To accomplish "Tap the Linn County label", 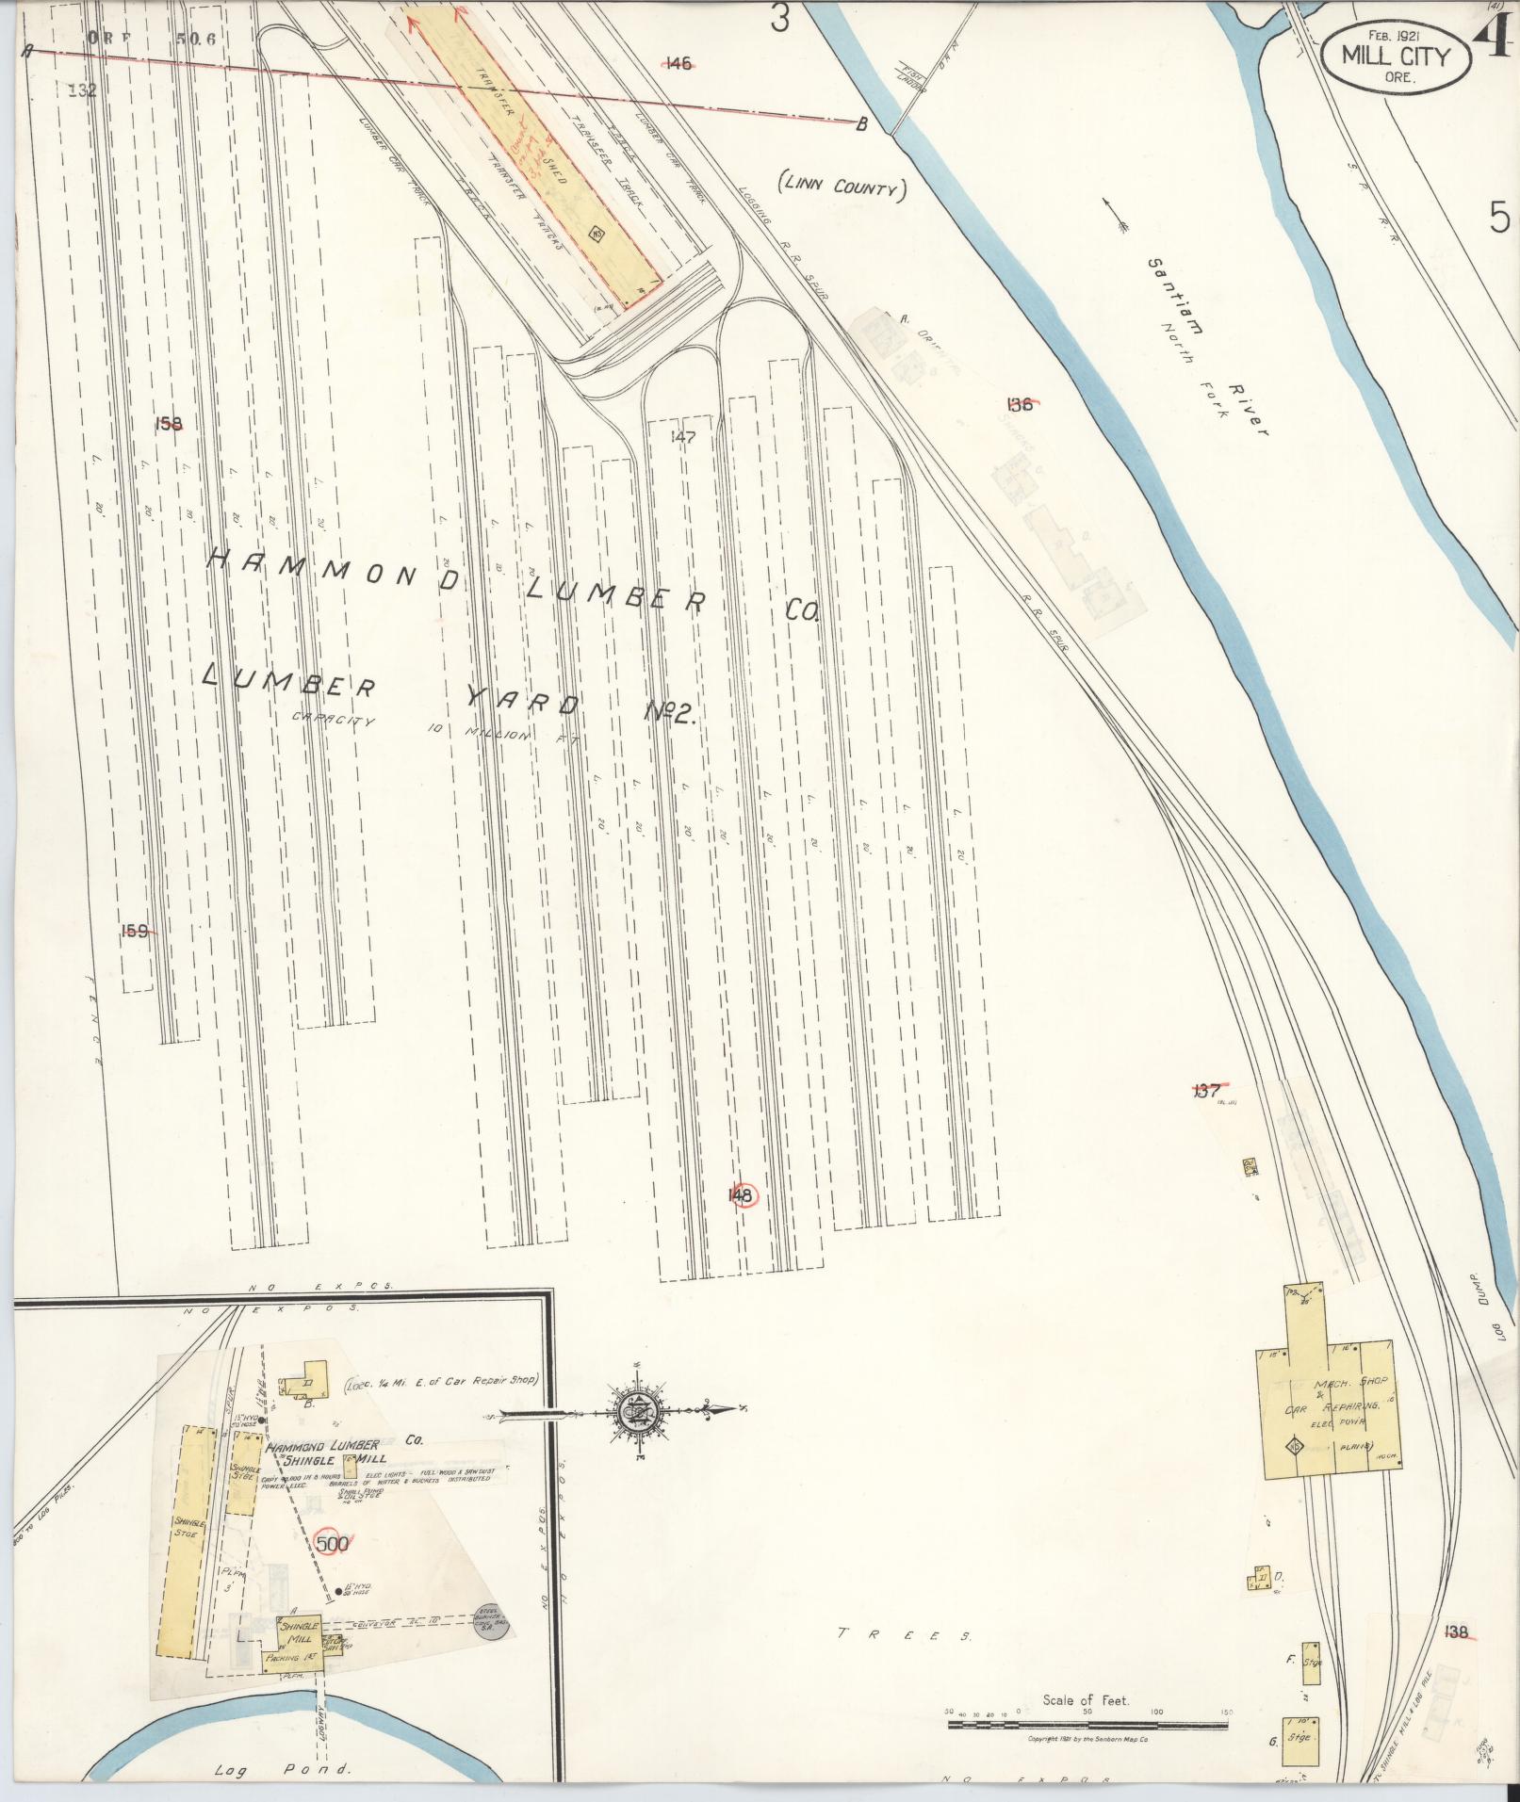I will pyautogui.click(x=841, y=187).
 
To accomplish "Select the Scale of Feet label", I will pyautogui.click(x=1086, y=1700).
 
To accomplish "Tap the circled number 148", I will pyautogui.click(x=741, y=1195).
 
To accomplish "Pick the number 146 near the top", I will pyautogui.click(x=678, y=64).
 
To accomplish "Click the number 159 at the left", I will pyautogui.click(x=136, y=931).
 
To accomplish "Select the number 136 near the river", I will pyautogui.click(x=1020, y=405).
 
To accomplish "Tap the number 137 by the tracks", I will pyautogui.click(x=1206, y=1092).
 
